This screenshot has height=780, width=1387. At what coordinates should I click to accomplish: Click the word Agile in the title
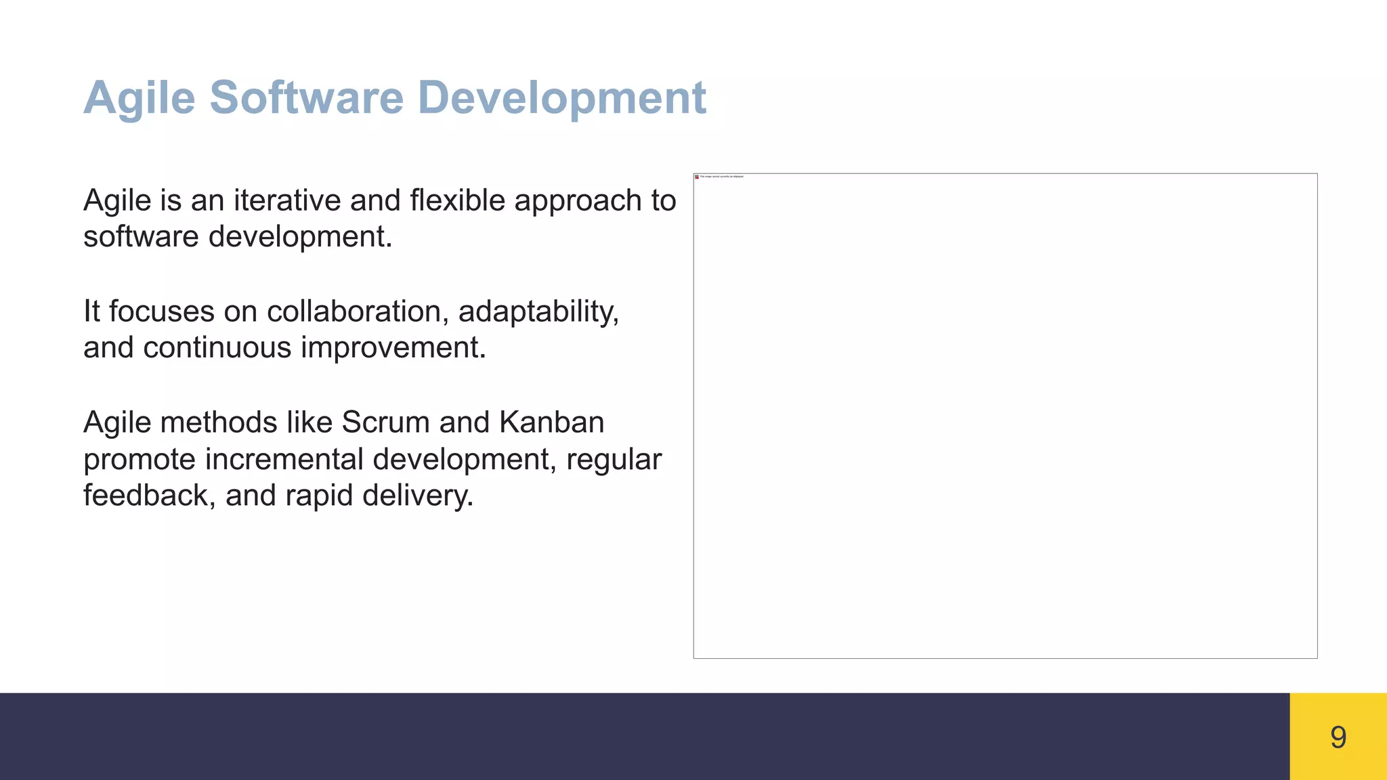[x=139, y=99]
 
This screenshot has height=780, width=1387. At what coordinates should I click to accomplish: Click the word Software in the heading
[x=306, y=97]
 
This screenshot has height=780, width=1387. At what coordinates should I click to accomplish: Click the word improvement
[x=393, y=349]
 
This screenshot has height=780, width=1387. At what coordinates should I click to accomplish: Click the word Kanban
[x=551, y=422]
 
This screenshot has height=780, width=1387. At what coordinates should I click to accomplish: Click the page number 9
[x=1338, y=737]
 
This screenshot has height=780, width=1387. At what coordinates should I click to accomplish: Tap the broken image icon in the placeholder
[x=697, y=177]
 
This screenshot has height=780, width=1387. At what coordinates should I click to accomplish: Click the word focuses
[x=162, y=311]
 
